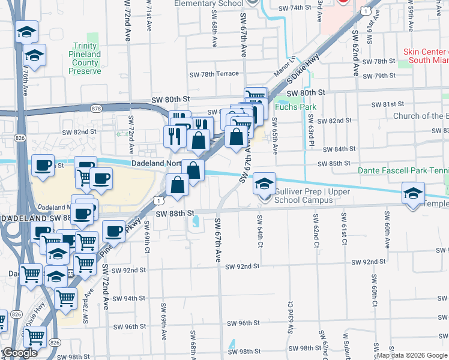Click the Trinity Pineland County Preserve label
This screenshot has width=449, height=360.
point(85,58)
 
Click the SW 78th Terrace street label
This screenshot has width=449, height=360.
point(214,74)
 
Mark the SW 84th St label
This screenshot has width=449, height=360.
point(337,149)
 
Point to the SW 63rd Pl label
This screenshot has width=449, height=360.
point(312,136)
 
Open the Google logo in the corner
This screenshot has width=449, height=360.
point(20,353)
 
